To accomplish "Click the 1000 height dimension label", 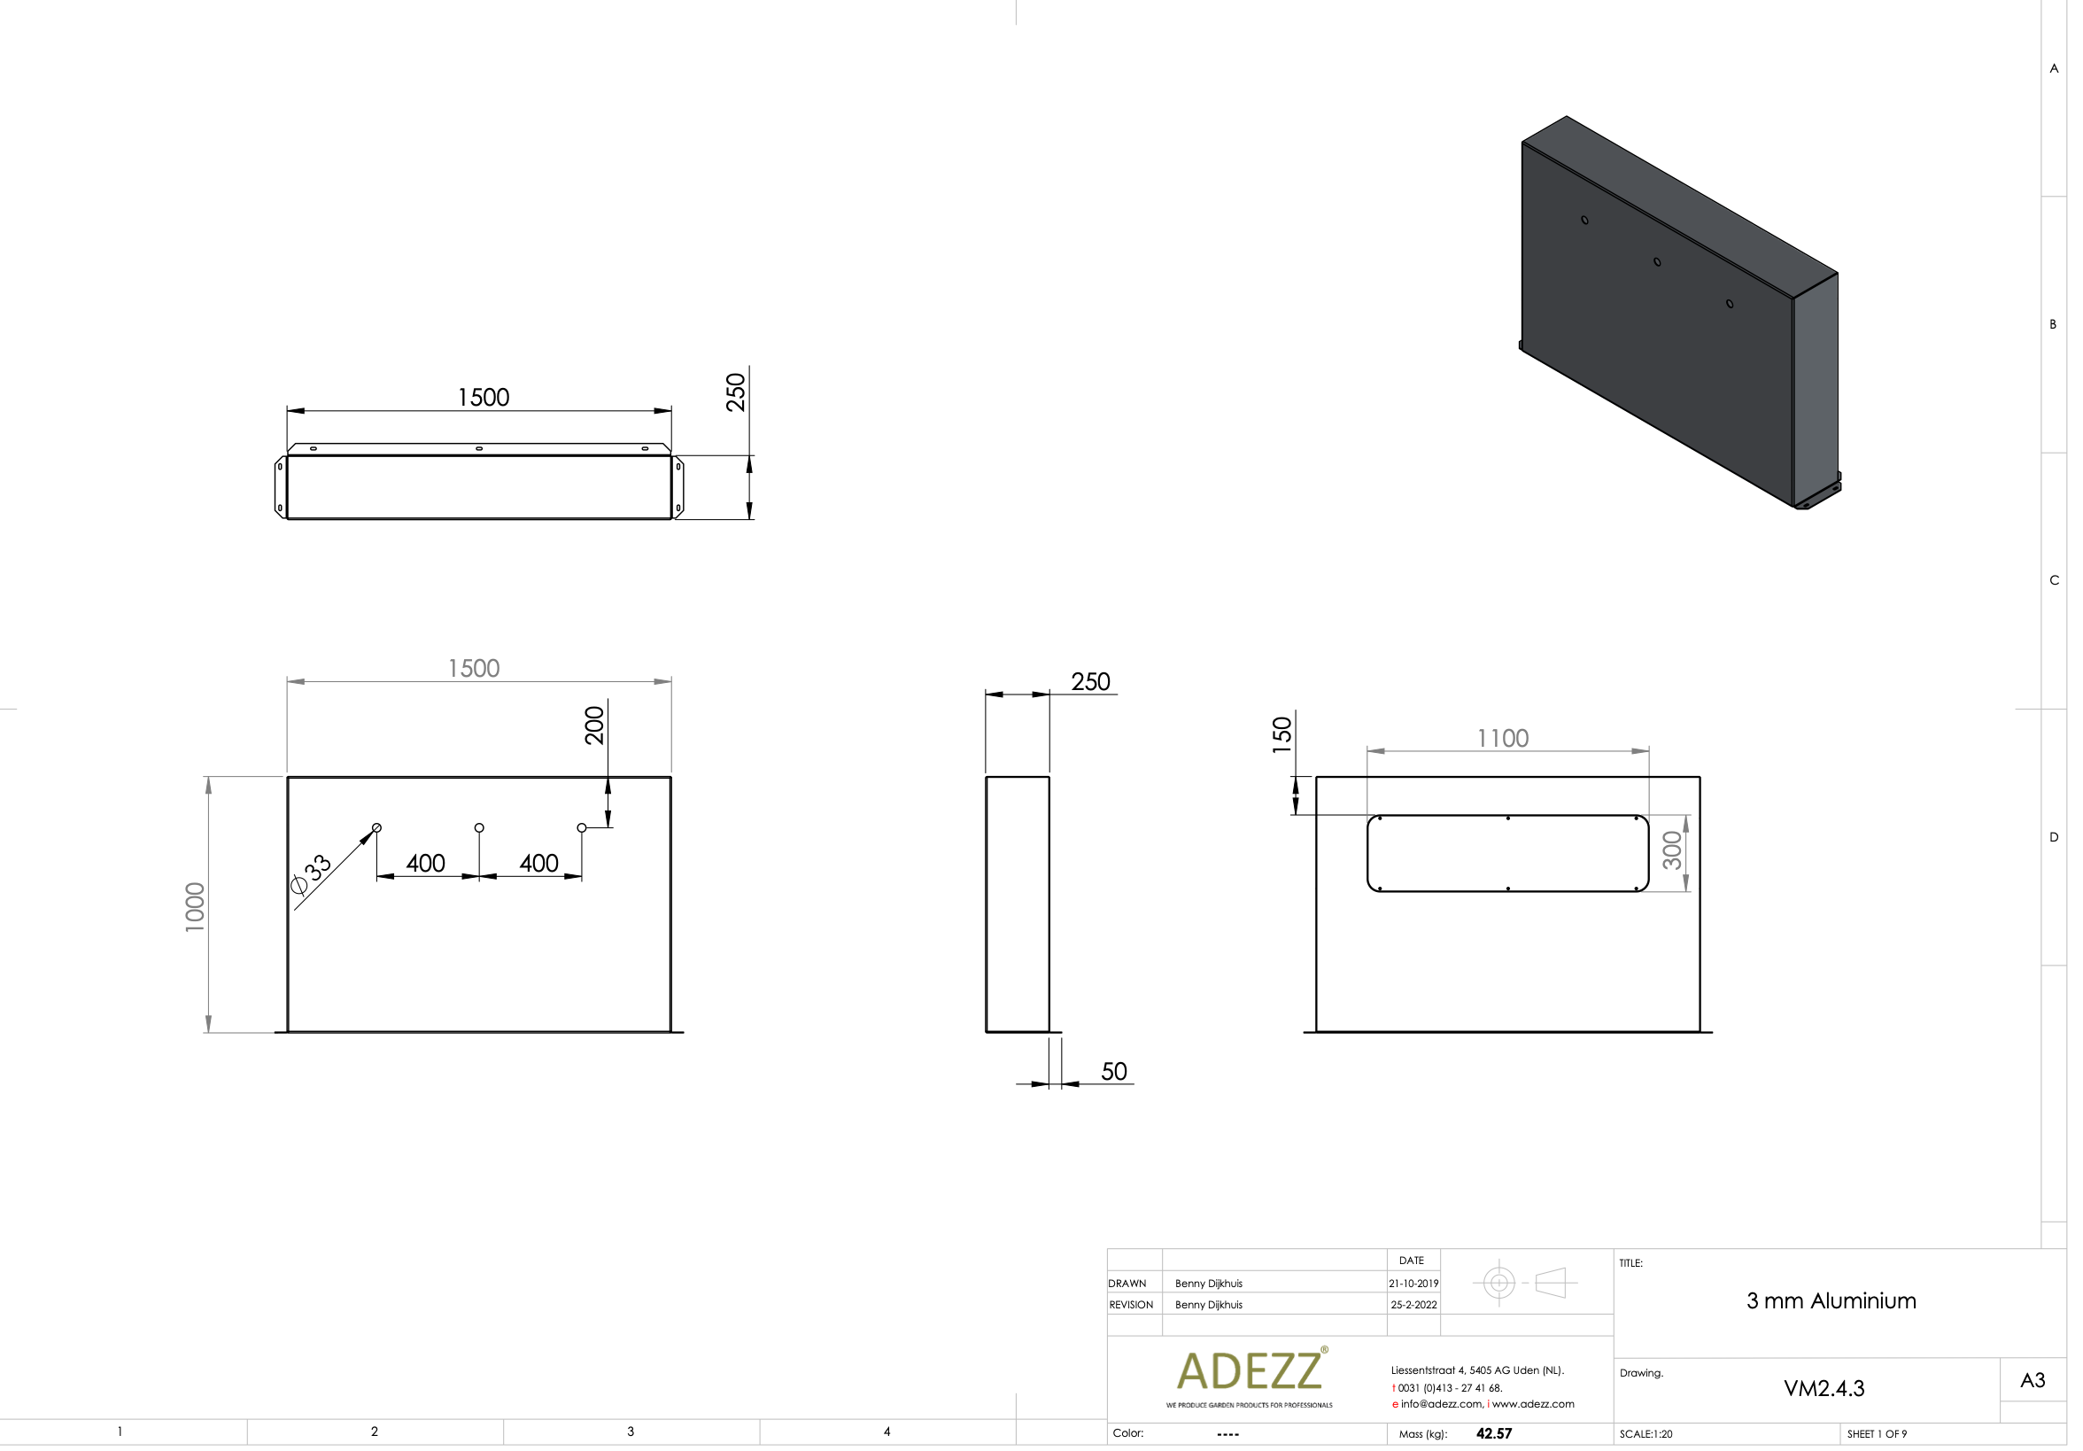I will (195, 906).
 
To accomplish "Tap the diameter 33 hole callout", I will (311, 873).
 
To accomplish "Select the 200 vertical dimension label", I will (594, 726).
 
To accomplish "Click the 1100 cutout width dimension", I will (1502, 739).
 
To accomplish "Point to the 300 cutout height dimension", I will (1671, 850).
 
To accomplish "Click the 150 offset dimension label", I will (1281, 735).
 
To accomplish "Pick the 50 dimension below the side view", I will (1113, 1072).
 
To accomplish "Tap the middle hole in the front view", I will (479, 827).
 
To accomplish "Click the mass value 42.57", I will (1493, 1434).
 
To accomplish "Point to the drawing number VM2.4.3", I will (1824, 1388).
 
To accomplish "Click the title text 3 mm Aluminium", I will (1831, 1301).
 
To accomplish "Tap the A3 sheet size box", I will (2033, 1380).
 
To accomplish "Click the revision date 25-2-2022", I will (1413, 1305).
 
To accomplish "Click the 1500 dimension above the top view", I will (484, 398).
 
